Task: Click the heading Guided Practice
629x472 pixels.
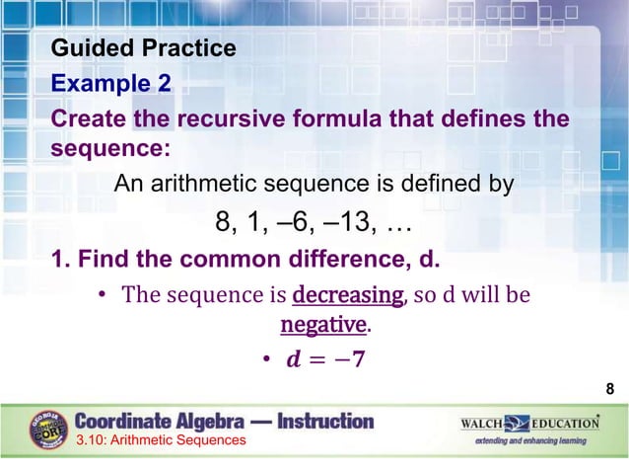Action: [x=143, y=48]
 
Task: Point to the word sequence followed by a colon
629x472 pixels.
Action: [x=109, y=148]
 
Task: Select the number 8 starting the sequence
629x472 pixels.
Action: [x=223, y=223]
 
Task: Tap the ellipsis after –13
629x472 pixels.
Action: [x=398, y=225]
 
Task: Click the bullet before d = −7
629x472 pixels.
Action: [x=266, y=358]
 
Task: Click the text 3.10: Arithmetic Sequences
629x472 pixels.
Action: [x=161, y=439]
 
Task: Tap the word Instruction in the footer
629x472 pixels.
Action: [x=326, y=421]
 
